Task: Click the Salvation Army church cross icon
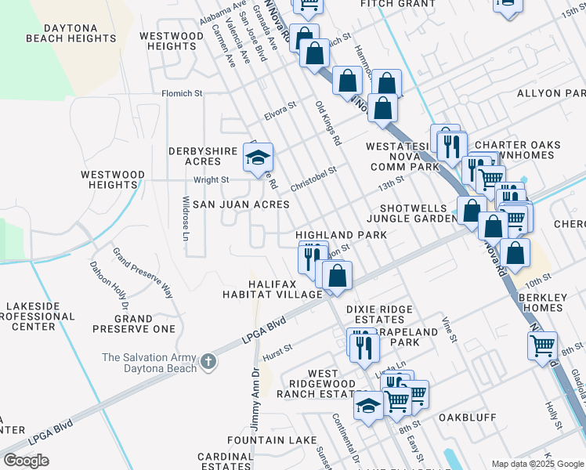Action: coord(208,362)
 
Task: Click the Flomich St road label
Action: coord(182,93)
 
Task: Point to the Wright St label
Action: coord(211,179)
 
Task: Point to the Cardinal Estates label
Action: coord(226,461)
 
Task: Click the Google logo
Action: coord(26,461)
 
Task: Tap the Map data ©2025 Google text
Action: coord(537,464)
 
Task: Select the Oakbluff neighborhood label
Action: coord(467,418)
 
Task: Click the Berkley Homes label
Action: coord(541,302)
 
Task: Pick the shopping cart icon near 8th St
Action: coord(542,345)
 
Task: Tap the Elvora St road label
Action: coord(280,110)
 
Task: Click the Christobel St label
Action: coord(313,179)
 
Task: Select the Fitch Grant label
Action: coord(397,4)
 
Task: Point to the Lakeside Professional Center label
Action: coord(39,317)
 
